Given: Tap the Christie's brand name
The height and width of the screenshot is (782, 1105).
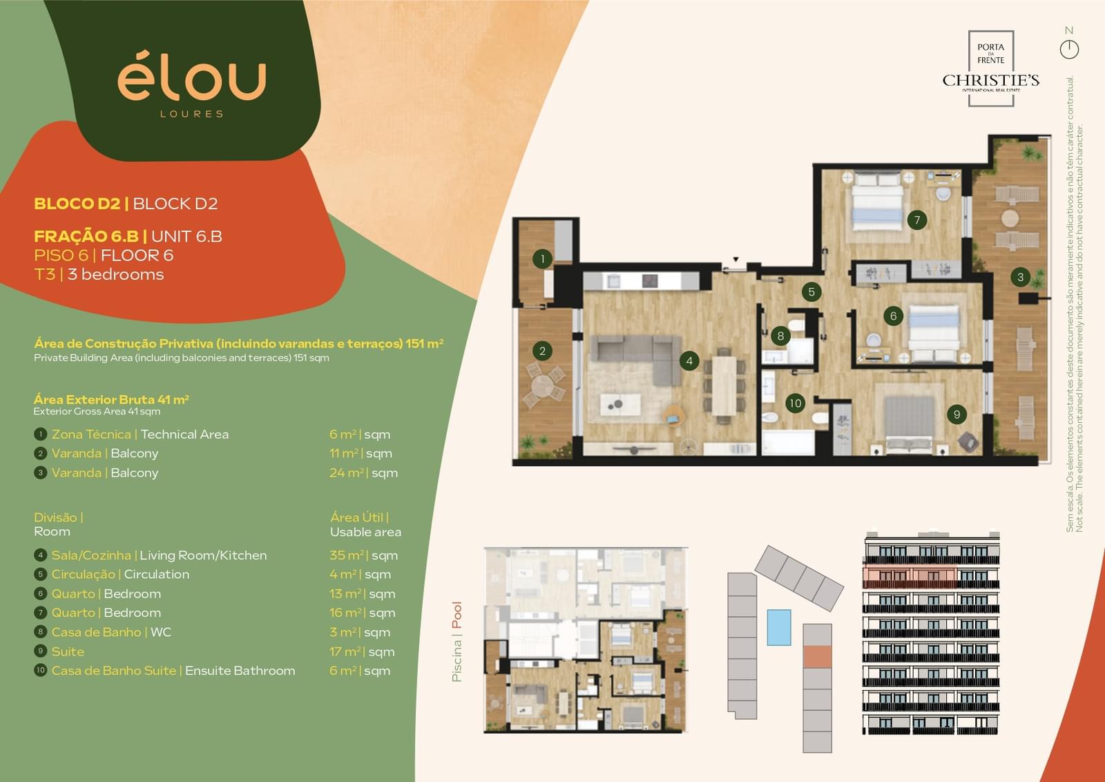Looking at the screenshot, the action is click(x=990, y=80).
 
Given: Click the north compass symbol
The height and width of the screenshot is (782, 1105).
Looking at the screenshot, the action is click(x=1069, y=49).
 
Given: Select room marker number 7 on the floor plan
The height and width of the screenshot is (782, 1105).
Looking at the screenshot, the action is click(x=916, y=220).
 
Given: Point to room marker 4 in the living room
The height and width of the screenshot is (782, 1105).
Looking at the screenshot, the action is click(x=689, y=361).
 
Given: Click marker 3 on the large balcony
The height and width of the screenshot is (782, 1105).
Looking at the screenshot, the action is click(x=1020, y=277).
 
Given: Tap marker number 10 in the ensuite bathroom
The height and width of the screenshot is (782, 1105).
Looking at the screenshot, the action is click(x=795, y=403).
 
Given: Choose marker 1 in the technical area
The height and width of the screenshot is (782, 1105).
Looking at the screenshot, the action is click(x=543, y=258).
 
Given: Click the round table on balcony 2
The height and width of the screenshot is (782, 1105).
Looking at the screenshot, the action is click(x=543, y=385).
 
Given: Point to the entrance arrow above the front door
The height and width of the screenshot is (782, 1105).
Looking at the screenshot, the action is click(x=736, y=259).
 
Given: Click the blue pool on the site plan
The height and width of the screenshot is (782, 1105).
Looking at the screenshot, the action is click(x=779, y=627).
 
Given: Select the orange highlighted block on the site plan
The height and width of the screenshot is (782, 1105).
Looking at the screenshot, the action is click(x=818, y=657).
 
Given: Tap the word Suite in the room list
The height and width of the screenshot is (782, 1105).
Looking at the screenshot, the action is click(x=68, y=651).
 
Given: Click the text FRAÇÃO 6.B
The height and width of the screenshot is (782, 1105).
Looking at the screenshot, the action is click(x=86, y=236).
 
